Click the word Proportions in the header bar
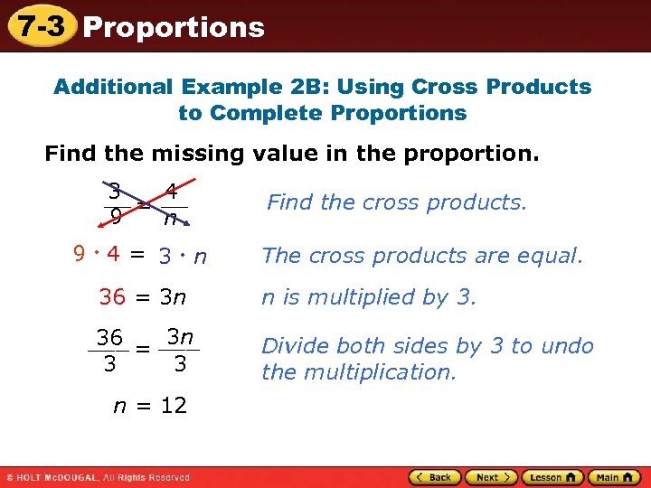pyautogui.click(x=174, y=27)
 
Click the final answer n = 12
pyautogui.click(x=150, y=406)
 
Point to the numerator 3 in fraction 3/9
pyautogui.click(x=114, y=192)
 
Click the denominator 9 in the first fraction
pyautogui.click(x=114, y=218)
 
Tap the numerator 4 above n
pyautogui.click(x=170, y=192)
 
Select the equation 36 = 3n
pyautogui.click(x=146, y=296)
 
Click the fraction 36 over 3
pyautogui.click(x=109, y=350)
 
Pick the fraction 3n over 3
pyautogui.click(x=180, y=350)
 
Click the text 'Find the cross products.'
pyautogui.click(x=396, y=202)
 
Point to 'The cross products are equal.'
pyautogui.click(x=422, y=256)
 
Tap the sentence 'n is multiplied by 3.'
pyautogui.click(x=368, y=296)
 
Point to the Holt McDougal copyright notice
pyautogui.click(x=98, y=477)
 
